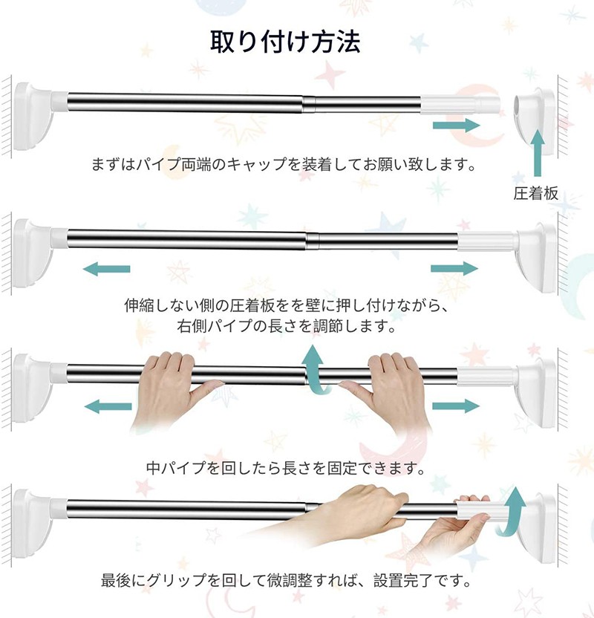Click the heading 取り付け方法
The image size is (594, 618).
(285, 42)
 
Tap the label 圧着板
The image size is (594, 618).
(535, 193)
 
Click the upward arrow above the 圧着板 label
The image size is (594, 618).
(538, 152)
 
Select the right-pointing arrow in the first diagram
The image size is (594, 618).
(456, 126)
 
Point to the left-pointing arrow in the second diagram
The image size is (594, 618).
(106, 269)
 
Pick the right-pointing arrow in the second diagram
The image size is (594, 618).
(454, 269)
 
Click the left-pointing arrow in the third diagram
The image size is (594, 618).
(108, 406)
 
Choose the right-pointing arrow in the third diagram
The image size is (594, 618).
(456, 406)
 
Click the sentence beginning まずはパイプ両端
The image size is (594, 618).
(284, 163)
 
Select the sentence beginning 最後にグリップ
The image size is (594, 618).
(287, 580)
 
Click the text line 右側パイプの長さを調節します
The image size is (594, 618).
(287, 325)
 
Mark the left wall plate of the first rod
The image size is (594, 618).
(33, 117)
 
